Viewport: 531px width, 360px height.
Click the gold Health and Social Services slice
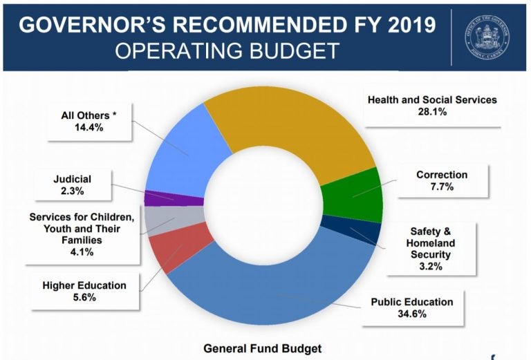pyautogui.click(x=290, y=117)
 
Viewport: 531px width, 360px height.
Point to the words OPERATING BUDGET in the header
pyautogui.click(x=227, y=51)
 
